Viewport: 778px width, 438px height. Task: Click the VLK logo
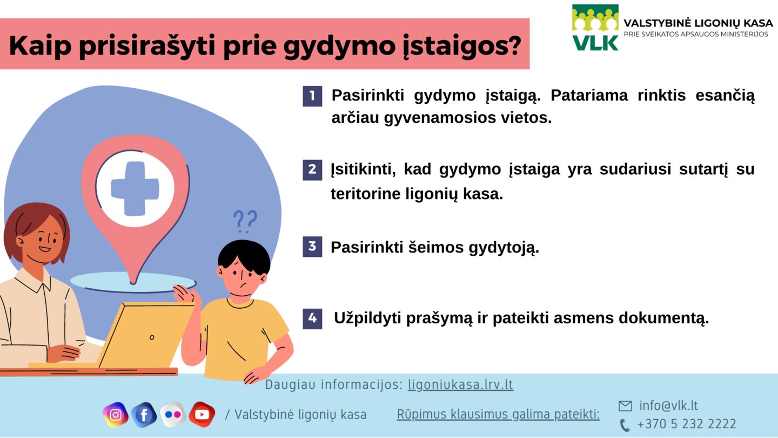(595, 28)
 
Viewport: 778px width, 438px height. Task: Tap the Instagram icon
(115, 414)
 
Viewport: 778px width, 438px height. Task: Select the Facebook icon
(144, 414)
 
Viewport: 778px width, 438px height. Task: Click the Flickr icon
(173, 414)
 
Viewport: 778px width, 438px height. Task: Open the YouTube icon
(202, 414)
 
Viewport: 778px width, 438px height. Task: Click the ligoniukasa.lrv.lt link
(460, 384)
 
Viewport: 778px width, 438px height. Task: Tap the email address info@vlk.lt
(669, 406)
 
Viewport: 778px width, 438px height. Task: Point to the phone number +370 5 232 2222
(687, 424)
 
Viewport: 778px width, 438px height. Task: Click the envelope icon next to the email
(625, 406)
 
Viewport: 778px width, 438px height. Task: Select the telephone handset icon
(625, 425)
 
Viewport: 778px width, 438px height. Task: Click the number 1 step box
(312, 96)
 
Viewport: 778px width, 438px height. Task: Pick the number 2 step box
(312, 170)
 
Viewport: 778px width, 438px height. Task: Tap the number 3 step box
(312, 247)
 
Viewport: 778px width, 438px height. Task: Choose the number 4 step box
(312, 318)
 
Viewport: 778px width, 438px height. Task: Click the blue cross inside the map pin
(135, 188)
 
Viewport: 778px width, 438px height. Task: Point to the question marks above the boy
(245, 221)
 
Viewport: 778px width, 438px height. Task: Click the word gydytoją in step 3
(504, 248)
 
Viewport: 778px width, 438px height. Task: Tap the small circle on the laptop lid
(152, 337)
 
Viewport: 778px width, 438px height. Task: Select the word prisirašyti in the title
(147, 45)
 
